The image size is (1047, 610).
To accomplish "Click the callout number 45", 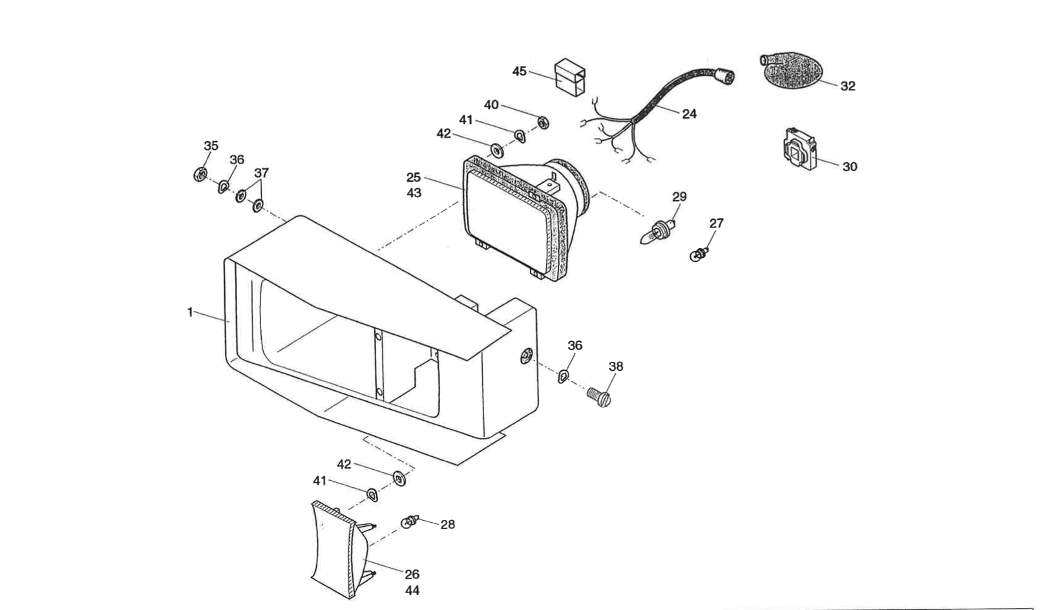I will pyautogui.click(x=520, y=71).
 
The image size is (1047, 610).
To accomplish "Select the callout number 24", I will pyautogui.click(x=690, y=114).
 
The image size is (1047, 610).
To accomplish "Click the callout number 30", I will pyautogui.click(x=850, y=167).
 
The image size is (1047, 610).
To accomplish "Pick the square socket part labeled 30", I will pyautogui.click(x=798, y=150).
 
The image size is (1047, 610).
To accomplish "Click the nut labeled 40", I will pyautogui.click(x=544, y=121).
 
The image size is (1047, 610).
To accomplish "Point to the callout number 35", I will pyautogui.click(x=211, y=146).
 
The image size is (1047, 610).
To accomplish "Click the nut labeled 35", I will pyautogui.click(x=200, y=173).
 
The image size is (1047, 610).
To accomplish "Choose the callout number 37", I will pyautogui.click(x=261, y=173).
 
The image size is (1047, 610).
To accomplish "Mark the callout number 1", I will pyautogui.click(x=190, y=312).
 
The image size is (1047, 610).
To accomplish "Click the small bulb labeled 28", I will pyautogui.click(x=410, y=520).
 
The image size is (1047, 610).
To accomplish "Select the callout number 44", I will pyautogui.click(x=412, y=591).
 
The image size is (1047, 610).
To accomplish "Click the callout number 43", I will pyautogui.click(x=414, y=193).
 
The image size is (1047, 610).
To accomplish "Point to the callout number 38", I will pyautogui.click(x=616, y=366).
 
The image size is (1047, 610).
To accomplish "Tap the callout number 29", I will pyautogui.click(x=679, y=196).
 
